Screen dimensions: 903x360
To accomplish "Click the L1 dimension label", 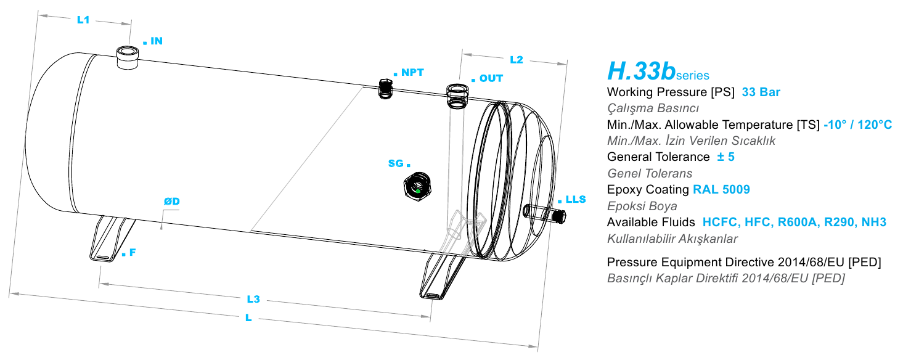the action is coord(83,20).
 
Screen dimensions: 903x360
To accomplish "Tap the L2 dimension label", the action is coord(517,60).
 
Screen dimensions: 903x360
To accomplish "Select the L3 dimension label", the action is coord(253,299).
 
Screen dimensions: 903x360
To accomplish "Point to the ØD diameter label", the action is coord(172,201).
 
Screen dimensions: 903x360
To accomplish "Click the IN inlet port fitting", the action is coord(128,58).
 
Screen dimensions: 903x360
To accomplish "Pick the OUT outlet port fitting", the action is coord(457,96).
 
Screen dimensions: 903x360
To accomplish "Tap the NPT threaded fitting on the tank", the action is coord(385,88).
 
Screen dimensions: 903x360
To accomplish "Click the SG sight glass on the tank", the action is coord(417,186).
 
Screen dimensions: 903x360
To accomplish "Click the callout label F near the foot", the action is coord(133,252).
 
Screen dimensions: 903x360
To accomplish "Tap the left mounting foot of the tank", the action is coord(112,239).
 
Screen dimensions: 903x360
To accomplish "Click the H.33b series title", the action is coord(658,71).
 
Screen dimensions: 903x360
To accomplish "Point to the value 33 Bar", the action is coord(761,92).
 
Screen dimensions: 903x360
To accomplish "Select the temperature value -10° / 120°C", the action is coord(857,125).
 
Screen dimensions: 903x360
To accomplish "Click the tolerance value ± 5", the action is coord(725,157).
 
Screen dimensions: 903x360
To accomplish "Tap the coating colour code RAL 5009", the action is coord(721,189).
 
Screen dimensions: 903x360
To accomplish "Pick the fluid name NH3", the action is coord(873,222).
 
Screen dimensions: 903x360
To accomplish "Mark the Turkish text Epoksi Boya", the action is coord(642,206).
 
